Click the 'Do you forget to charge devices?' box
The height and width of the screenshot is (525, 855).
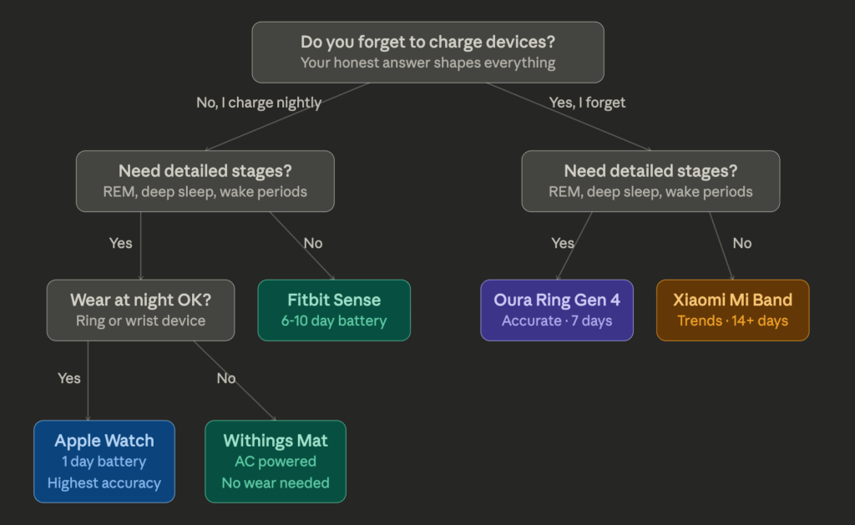tap(427, 53)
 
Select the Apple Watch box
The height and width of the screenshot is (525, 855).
tap(104, 462)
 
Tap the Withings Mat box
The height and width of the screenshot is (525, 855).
tap(276, 462)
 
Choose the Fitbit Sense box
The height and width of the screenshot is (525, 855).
tap(334, 310)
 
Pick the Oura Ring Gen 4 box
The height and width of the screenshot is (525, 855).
tap(557, 310)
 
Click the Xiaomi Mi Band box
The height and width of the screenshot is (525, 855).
tap(733, 310)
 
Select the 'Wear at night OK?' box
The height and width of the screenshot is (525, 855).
tap(140, 310)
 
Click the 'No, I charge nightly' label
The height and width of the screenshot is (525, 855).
tap(259, 103)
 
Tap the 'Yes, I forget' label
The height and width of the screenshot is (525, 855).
tap(587, 103)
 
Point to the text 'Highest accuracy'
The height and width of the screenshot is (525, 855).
tap(104, 483)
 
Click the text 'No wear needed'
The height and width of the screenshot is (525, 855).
tap(276, 483)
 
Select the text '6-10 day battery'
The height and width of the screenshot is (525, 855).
tap(334, 321)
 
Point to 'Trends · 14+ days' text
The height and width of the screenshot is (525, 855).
tap(733, 321)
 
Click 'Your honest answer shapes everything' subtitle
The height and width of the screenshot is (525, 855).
tap(428, 63)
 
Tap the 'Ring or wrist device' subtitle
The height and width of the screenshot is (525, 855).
tap(140, 321)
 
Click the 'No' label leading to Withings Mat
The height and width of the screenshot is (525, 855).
tap(226, 378)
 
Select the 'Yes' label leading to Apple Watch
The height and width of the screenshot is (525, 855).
tap(69, 378)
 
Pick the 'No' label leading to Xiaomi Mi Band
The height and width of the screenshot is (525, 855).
tap(742, 243)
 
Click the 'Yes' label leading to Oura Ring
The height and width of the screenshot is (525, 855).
tap(563, 243)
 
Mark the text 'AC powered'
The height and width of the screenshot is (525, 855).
tap(276, 462)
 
